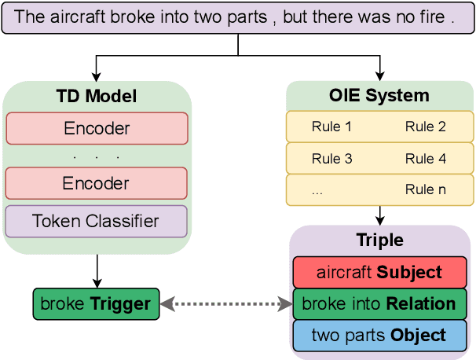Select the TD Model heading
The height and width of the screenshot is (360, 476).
coord(97,97)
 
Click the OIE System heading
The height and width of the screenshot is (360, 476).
coord(379,96)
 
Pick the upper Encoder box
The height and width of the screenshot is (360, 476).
coord(97,129)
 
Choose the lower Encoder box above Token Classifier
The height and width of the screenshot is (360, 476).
coord(97,183)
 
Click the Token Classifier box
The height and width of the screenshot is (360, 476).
coord(97,221)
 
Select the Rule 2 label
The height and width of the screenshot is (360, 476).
coord(425,127)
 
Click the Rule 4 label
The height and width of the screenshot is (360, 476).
coord(425,159)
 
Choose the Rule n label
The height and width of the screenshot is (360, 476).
coord(425,189)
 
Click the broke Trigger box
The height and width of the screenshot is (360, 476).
coord(96,304)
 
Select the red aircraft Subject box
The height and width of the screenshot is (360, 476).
coord(379,273)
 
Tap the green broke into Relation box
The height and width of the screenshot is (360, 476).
coord(379,303)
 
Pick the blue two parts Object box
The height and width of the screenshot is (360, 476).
coord(379,334)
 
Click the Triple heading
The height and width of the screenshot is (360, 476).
coord(379,241)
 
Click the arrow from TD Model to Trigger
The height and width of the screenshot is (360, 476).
coord(96,271)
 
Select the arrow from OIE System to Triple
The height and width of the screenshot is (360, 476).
coord(379,215)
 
